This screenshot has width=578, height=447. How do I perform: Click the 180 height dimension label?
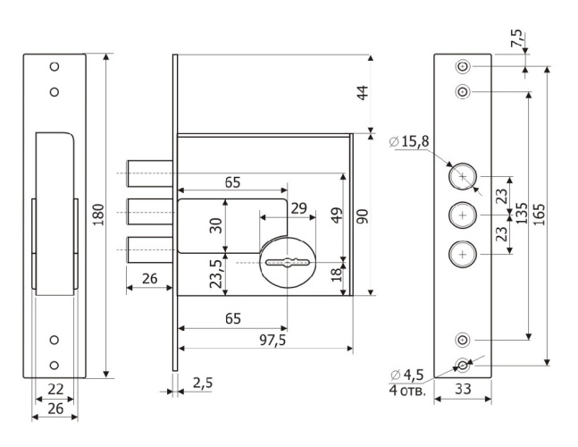98,215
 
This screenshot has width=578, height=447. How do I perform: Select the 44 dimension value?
363,94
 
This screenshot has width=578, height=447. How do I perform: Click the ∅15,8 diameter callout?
409,140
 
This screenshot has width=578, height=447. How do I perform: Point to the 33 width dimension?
462,388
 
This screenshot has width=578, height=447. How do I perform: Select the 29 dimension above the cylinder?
298,208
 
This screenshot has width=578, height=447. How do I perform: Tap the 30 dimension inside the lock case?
215,225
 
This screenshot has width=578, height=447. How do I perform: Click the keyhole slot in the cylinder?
287,263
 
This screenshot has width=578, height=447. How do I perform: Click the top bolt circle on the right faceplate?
462,177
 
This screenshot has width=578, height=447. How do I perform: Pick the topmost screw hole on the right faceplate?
462,67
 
